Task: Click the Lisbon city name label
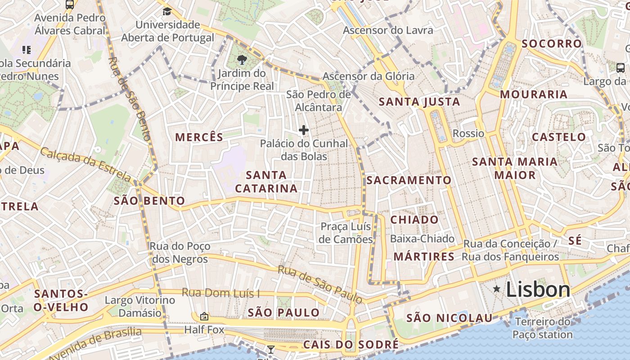coord(538,289)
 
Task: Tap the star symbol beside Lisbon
coord(497,289)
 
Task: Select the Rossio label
coord(468,134)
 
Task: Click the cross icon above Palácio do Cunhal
coord(304,130)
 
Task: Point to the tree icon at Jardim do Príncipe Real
coord(242,59)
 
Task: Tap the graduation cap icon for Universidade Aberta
coord(167,11)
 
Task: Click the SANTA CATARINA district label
coord(266,182)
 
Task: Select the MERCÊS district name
coord(199,137)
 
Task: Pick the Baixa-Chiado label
coord(422,239)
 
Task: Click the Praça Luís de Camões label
coord(346,233)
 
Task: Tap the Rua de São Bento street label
coord(129,99)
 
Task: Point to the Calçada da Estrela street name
coord(85,165)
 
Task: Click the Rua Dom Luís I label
coord(220,293)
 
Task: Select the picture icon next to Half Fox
coord(204,316)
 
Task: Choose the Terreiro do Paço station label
coord(542,328)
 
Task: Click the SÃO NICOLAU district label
coord(450,318)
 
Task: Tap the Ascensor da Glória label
coord(369,76)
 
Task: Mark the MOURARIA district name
coord(534,94)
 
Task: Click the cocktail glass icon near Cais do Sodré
coord(270,349)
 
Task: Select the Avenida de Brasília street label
coord(95,345)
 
